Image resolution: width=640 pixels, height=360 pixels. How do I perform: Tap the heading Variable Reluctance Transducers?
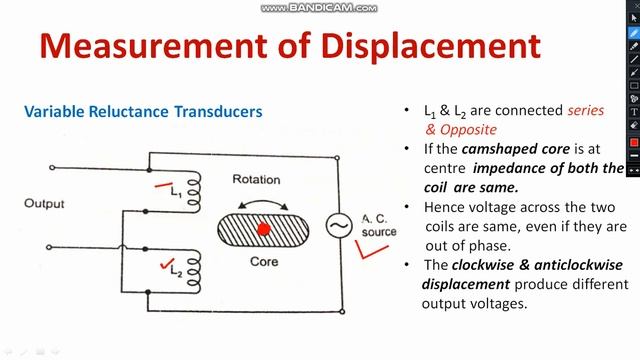pyautogui.click(x=143, y=112)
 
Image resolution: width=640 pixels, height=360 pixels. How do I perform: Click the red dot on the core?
pyautogui.click(x=265, y=229)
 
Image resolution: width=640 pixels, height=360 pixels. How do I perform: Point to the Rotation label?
pyautogui.click(x=256, y=180)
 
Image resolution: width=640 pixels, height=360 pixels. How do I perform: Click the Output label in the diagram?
pyautogui.click(x=44, y=204)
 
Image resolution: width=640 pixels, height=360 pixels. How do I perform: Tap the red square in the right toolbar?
pyautogui.click(x=634, y=143)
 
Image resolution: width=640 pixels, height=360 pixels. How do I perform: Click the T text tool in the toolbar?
pyautogui.click(x=634, y=112)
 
